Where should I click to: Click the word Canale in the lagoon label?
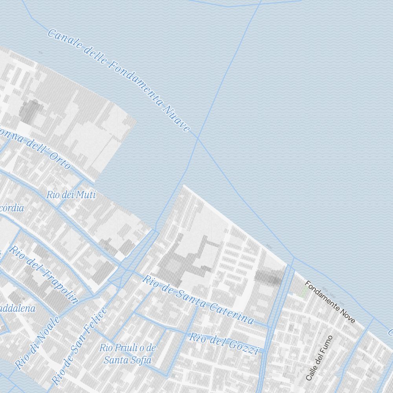pyautogui.click(x=60, y=39)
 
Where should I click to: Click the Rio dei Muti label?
pyautogui.click(x=71, y=195)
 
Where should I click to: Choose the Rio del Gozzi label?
pyautogui.click(x=224, y=343)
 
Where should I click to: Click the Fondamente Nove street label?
pyautogui.click(x=330, y=302)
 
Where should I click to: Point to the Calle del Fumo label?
pyautogui.click(x=319, y=358)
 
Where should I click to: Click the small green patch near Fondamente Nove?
pyautogui.click(x=303, y=291)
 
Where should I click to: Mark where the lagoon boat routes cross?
pyautogui.click(x=197, y=139)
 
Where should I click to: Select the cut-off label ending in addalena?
pyautogui.click(x=17, y=309)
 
